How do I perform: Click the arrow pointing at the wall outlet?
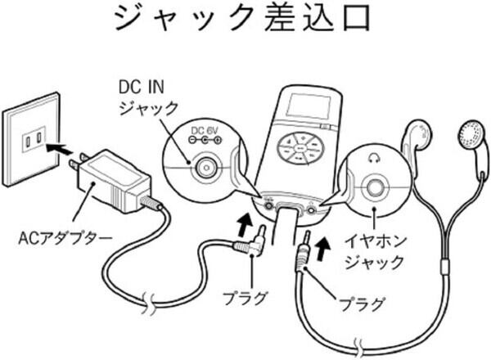click(60, 149)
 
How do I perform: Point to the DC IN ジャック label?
click(143, 95)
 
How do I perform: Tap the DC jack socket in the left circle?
click(205, 169)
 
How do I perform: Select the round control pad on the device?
click(300, 147)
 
